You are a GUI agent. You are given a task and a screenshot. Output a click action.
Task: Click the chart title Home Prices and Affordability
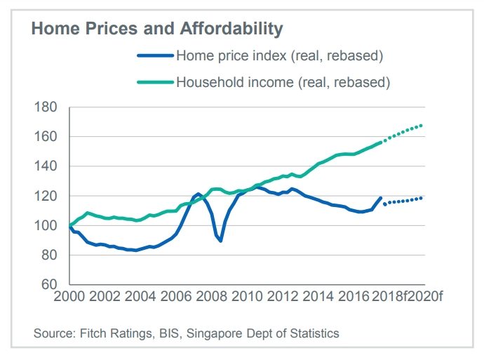click(x=156, y=29)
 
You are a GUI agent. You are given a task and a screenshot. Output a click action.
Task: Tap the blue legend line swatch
click(x=154, y=55)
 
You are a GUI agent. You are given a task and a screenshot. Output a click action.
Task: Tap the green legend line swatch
click(x=154, y=83)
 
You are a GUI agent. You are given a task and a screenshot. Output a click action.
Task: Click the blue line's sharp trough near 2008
click(x=221, y=241)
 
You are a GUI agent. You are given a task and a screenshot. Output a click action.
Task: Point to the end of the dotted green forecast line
click(x=421, y=126)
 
